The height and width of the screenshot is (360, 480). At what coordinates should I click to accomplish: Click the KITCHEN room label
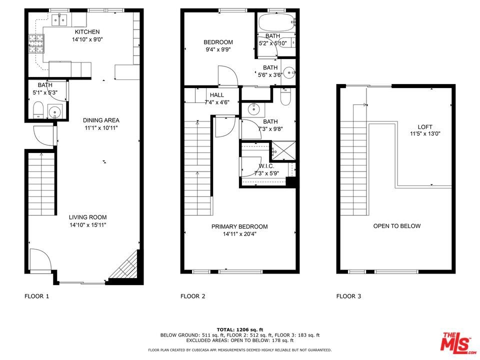pos(87,32)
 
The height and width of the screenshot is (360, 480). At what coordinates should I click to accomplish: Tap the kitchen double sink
pos(59,20)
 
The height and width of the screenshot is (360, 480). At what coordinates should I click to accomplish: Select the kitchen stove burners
pos(36,44)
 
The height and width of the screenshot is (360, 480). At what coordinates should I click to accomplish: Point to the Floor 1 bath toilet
pos(38,110)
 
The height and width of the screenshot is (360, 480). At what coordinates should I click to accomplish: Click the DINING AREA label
pos(101,120)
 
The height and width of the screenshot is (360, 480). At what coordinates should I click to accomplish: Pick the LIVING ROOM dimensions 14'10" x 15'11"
pos(88,225)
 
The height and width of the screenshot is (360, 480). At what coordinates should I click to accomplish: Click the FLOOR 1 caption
pos(36,296)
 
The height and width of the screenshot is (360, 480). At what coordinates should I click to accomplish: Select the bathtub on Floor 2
pos(276,22)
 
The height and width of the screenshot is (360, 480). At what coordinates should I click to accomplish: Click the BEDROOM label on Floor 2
pos(218,42)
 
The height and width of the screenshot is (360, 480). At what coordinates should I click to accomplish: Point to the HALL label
pos(216,95)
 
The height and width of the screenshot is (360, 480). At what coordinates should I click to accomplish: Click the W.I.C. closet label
pos(266,166)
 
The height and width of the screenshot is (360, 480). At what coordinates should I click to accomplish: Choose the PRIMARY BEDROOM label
pos(239,226)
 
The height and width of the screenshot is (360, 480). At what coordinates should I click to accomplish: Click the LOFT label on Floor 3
pos(425,126)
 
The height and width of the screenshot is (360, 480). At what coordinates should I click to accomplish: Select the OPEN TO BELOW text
pos(396,226)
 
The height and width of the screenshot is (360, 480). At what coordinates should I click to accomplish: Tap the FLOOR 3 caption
pos(348,296)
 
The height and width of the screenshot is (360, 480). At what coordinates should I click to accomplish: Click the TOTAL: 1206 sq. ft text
pos(240,329)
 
